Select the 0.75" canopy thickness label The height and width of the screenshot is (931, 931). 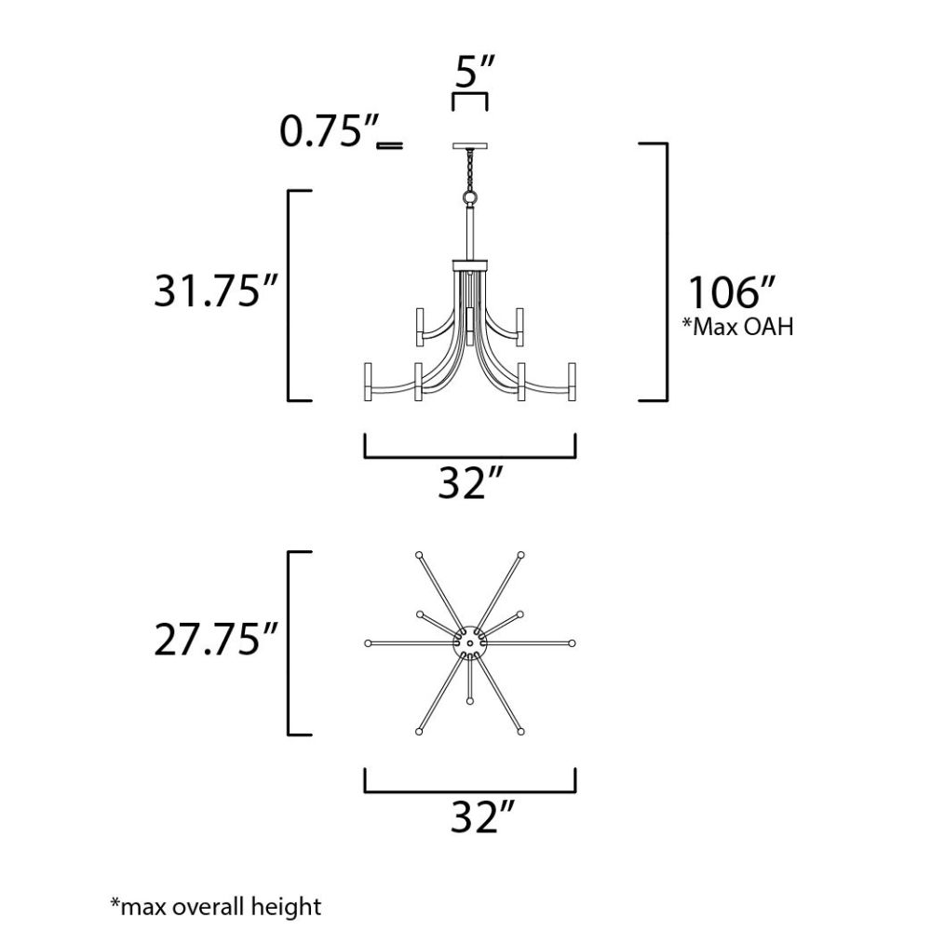[329, 131]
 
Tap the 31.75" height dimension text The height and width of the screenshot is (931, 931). [216, 290]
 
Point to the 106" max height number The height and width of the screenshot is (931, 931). [732, 292]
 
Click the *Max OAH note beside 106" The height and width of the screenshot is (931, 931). [737, 327]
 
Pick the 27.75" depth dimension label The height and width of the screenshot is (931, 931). [216, 640]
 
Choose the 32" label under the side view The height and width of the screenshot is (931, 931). [470, 482]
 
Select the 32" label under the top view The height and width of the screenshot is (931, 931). [482, 817]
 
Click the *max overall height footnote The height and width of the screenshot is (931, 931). [216, 907]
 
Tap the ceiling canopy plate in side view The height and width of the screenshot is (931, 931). [469, 145]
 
